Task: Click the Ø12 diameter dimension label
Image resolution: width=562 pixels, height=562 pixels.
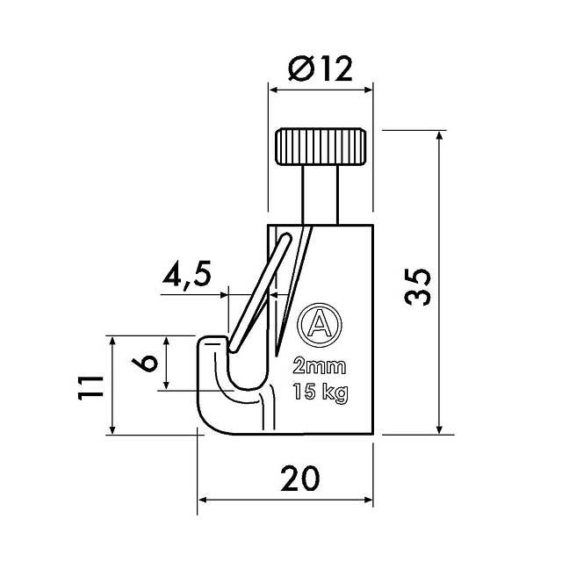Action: pyautogui.click(x=320, y=68)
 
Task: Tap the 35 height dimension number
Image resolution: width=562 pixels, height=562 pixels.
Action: pyautogui.click(x=418, y=287)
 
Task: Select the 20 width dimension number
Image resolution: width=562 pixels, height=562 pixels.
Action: pyautogui.click(x=300, y=479)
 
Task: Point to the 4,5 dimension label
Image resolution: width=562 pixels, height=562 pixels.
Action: pyautogui.click(x=186, y=275)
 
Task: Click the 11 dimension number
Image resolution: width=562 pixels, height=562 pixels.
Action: pyautogui.click(x=90, y=388)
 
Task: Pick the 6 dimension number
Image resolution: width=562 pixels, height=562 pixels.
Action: pyautogui.click(x=144, y=363)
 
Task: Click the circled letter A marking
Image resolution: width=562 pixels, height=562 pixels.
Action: pyautogui.click(x=320, y=325)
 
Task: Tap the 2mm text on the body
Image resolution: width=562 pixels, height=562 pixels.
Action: pyautogui.click(x=320, y=366)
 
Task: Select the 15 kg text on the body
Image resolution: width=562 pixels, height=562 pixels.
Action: pyautogui.click(x=320, y=393)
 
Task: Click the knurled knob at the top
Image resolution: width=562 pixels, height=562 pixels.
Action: pyautogui.click(x=321, y=147)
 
